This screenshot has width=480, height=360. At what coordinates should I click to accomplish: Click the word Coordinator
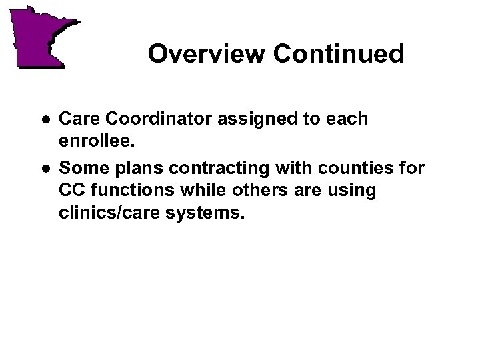click(x=151, y=119)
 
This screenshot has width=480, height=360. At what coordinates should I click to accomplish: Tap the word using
click(x=352, y=191)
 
